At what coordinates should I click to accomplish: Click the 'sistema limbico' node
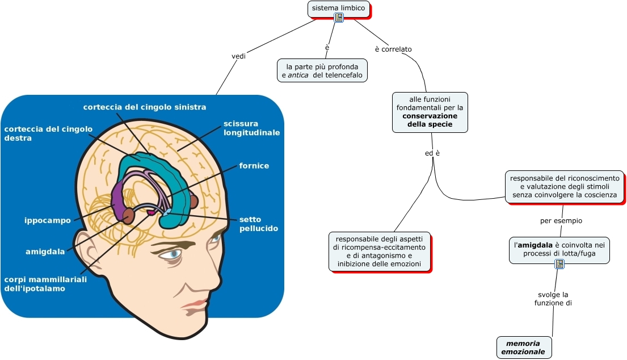tap(338, 8)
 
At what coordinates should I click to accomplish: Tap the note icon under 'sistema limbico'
tap(339, 18)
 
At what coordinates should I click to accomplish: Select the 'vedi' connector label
tap(239, 56)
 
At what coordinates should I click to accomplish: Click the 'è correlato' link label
tap(393, 49)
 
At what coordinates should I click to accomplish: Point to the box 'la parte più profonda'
tap(322, 71)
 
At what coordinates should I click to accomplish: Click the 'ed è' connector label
tap(432, 153)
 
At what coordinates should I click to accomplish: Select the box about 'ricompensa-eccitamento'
tap(380, 251)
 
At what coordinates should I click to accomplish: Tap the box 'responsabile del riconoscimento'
tap(565, 187)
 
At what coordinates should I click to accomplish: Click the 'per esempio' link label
tap(561, 220)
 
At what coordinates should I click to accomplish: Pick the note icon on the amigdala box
tap(559, 263)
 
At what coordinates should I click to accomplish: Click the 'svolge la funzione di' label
tap(553, 299)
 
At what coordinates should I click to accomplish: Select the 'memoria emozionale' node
tap(523, 348)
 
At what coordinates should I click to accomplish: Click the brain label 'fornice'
tap(254, 166)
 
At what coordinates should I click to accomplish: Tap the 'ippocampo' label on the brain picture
tap(48, 220)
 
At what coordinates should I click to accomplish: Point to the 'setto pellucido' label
tap(258, 224)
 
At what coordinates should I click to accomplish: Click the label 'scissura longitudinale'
tap(251, 128)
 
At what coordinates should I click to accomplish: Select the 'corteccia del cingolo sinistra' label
tap(144, 107)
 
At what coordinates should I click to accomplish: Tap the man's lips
tap(195, 304)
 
